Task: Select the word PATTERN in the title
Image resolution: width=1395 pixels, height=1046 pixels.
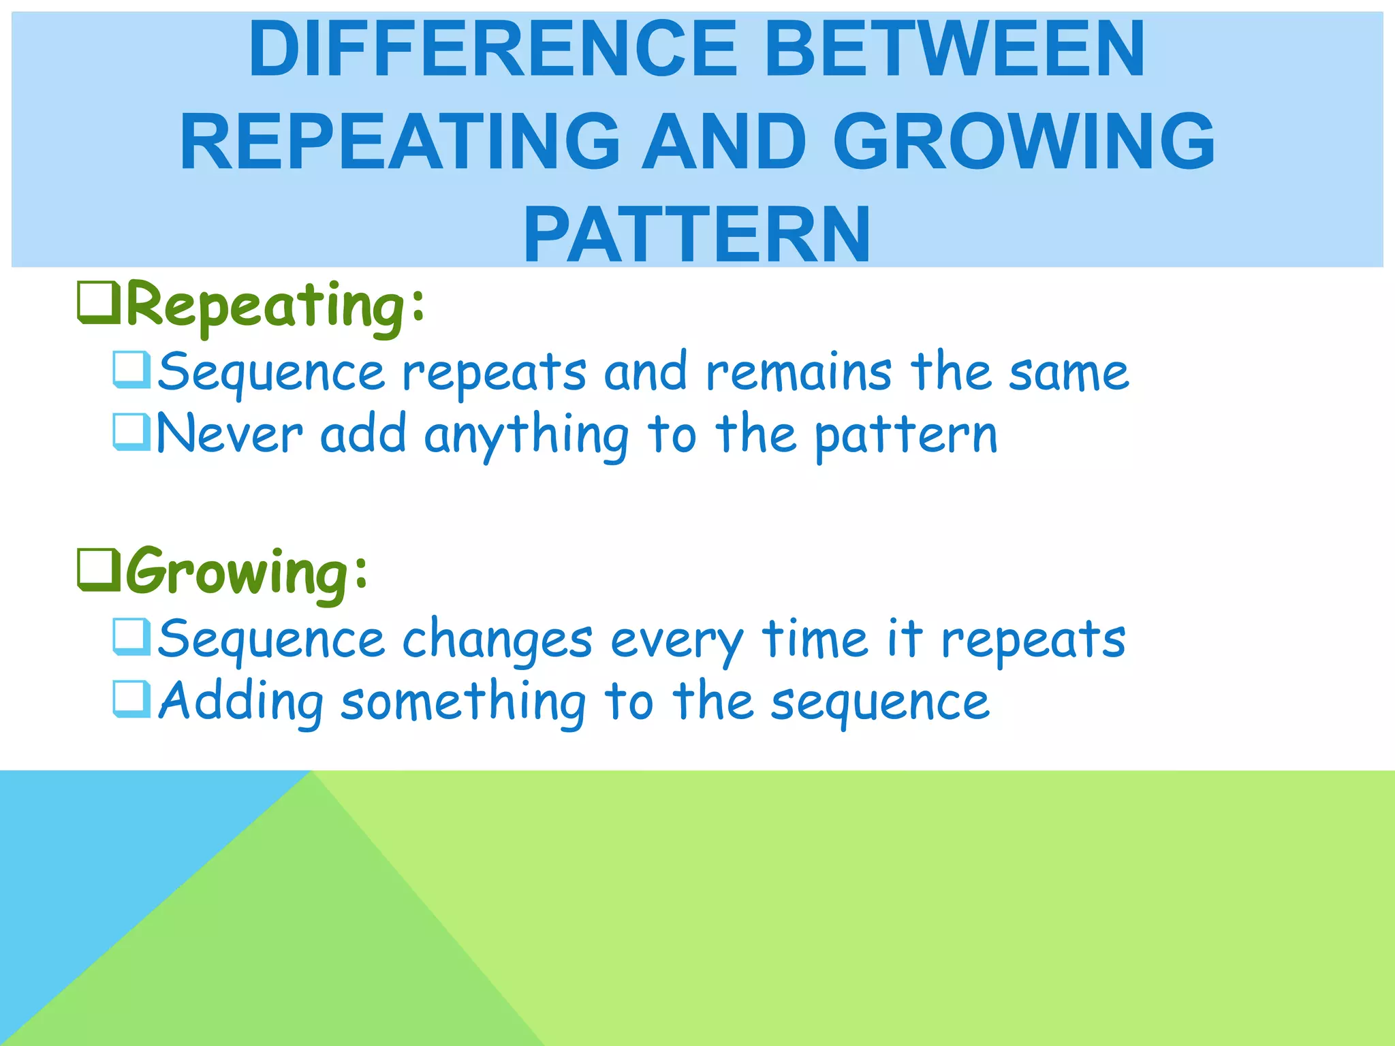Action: (697, 235)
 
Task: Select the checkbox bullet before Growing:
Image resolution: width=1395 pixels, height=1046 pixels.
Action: (98, 571)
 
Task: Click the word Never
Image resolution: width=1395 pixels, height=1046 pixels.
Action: (230, 434)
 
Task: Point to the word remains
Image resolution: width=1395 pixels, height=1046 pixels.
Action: (798, 373)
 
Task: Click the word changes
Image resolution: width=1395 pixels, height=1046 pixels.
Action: (497, 641)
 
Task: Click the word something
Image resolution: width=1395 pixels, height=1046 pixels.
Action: (463, 702)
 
